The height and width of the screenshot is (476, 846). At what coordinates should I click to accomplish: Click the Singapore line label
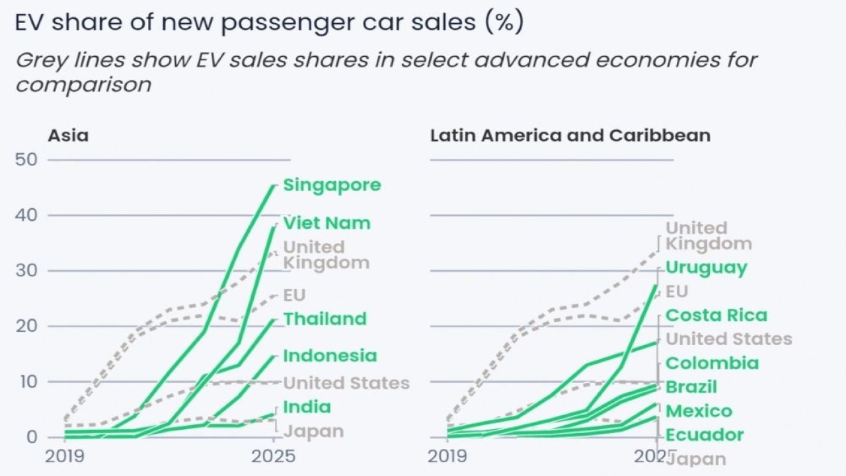click(332, 185)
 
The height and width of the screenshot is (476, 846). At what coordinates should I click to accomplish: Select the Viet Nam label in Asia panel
click(327, 223)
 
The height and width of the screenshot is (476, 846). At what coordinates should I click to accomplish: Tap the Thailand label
click(325, 319)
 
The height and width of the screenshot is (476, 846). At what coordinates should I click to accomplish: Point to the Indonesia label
click(330, 356)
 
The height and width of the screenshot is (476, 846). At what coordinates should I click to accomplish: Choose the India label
click(307, 407)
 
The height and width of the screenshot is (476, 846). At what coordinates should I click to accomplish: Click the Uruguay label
click(706, 268)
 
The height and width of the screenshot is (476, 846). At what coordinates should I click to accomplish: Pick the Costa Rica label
click(716, 315)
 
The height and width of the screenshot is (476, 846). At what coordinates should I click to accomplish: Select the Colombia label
click(712, 363)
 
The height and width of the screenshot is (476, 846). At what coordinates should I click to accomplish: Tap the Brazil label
click(691, 387)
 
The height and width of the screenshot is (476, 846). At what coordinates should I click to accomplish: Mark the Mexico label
click(699, 411)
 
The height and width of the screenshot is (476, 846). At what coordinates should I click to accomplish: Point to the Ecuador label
click(705, 435)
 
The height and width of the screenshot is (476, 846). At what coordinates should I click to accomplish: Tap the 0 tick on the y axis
click(32, 438)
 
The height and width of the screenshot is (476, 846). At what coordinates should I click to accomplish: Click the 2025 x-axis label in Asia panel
click(274, 457)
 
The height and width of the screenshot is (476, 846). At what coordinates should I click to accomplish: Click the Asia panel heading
click(67, 136)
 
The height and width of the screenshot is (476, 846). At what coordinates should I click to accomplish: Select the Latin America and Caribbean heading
click(570, 136)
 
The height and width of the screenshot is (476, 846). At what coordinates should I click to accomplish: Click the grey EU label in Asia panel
click(295, 295)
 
